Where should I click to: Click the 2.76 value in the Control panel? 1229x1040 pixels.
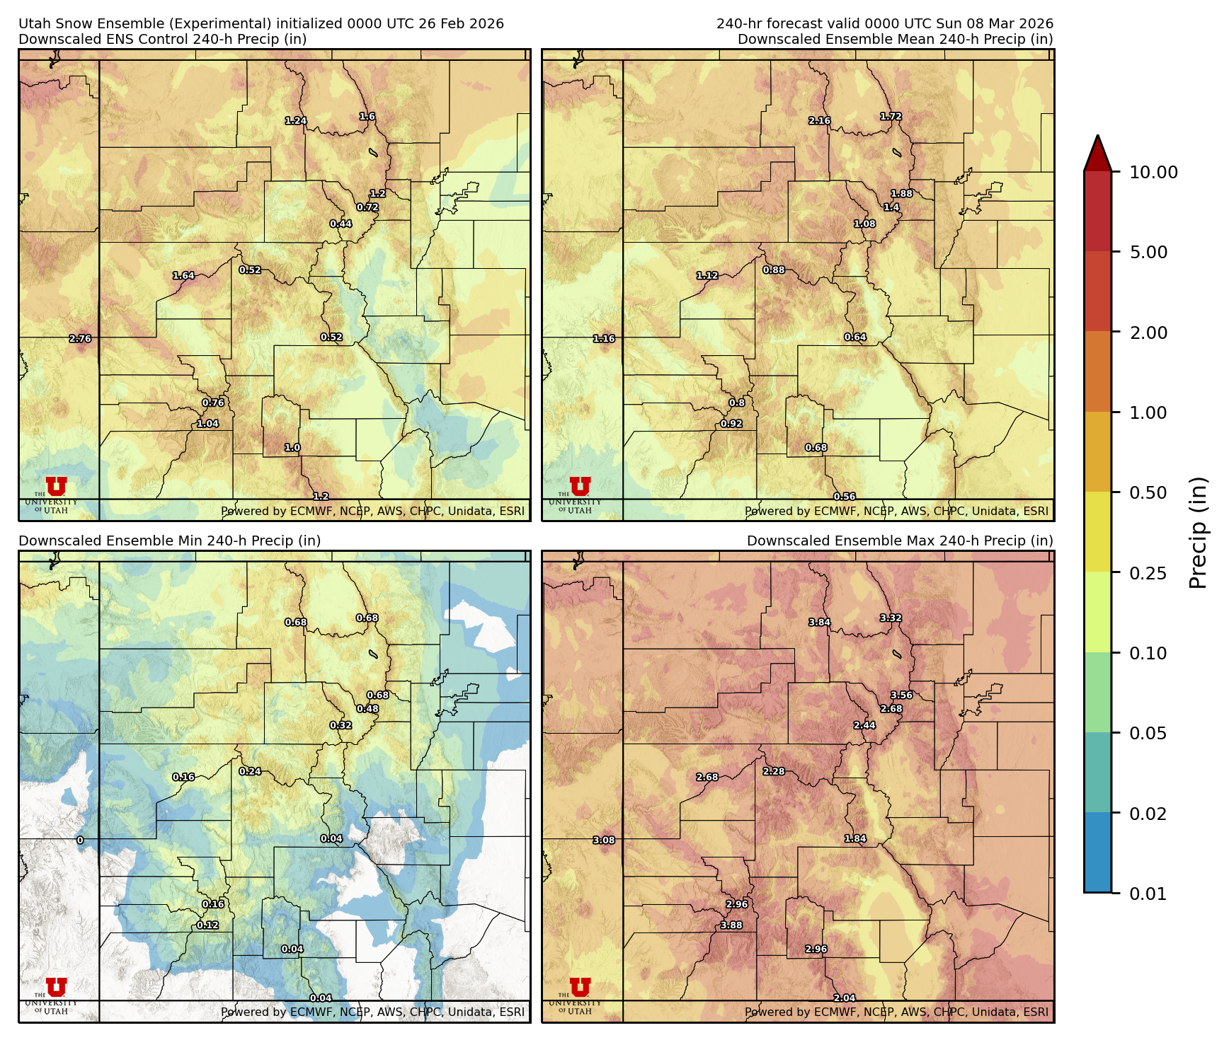point(80,339)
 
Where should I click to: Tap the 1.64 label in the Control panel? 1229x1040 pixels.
point(183,276)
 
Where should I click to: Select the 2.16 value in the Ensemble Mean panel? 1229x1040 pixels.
point(819,121)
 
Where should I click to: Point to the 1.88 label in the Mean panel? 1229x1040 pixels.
point(901,194)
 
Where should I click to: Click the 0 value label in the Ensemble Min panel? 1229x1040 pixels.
point(80,840)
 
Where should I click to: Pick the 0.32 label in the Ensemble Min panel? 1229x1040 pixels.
point(341,725)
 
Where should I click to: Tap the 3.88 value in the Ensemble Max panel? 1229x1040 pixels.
point(731,925)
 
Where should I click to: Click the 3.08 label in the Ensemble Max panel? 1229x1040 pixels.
point(603,840)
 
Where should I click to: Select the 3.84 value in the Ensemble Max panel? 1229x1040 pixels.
point(819,623)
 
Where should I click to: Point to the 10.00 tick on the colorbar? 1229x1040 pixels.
point(1153,172)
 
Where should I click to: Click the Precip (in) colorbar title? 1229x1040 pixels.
point(1198,533)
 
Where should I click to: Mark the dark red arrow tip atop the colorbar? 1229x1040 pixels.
point(1097,150)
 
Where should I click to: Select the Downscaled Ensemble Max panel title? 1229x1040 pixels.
point(899,541)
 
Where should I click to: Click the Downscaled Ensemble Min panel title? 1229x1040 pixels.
point(169,541)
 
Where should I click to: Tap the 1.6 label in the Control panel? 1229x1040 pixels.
point(367,117)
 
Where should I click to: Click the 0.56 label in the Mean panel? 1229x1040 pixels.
point(844,497)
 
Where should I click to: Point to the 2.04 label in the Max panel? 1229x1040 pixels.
point(844,998)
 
